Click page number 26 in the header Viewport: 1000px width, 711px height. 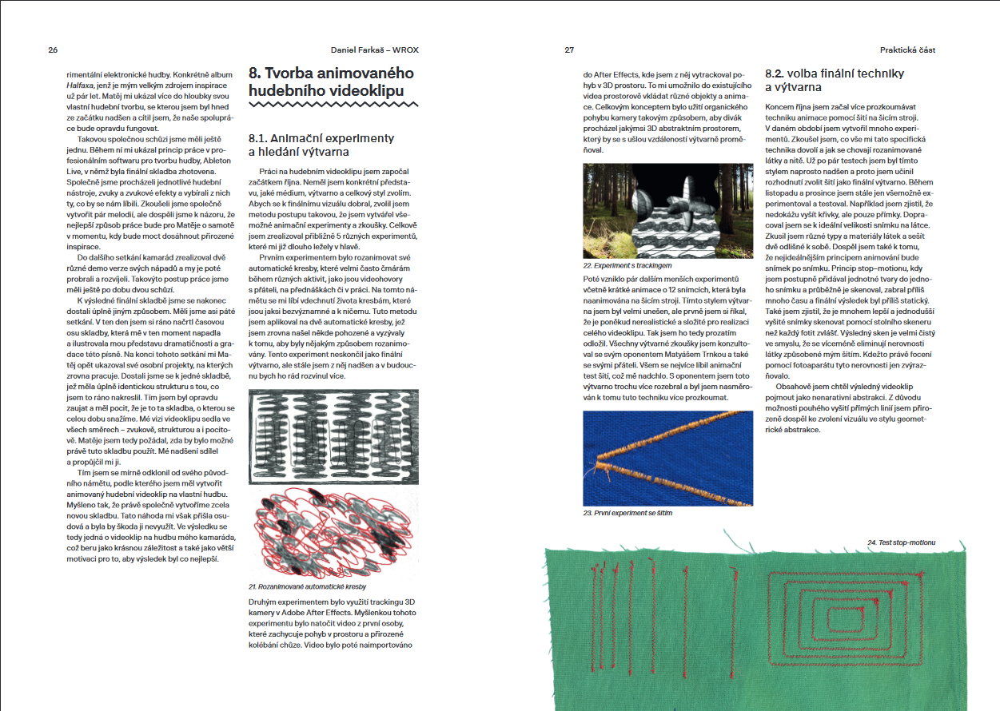click(x=53, y=50)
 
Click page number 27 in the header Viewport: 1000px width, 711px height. click(x=569, y=50)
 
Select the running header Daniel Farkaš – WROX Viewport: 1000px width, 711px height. click(x=374, y=50)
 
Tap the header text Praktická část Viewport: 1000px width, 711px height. click(x=907, y=50)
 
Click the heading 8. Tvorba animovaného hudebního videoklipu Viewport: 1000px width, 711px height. click(x=331, y=81)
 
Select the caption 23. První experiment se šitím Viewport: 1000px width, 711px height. click(x=627, y=512)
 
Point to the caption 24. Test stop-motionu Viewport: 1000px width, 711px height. click(x=901, y=542)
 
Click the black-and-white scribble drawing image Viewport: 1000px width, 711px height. click(x=333, y=436)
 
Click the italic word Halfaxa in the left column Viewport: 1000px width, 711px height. click(x=79, y=84)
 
